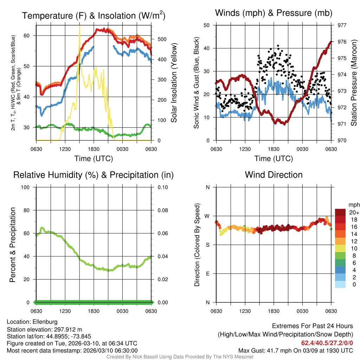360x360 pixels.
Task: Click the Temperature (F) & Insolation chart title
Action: [x=94, y=15]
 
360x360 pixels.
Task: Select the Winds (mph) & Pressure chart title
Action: [x=274, y=13]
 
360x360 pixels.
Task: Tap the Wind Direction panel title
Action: [x=274, y=175]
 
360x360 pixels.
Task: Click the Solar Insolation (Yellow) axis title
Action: [x=174, y=83]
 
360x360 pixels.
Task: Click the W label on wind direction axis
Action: [x=207, y=216]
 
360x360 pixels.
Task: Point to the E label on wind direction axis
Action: [x=207, y=274]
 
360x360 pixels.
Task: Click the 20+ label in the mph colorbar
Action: [x=354, y=212]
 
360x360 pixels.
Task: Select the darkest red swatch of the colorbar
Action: [x=340, y=212]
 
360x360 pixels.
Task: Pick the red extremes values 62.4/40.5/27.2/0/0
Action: [x=327, y=343]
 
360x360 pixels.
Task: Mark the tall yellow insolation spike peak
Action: [x=79, y=26]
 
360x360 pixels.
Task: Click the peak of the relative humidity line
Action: [x=42, y=227]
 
